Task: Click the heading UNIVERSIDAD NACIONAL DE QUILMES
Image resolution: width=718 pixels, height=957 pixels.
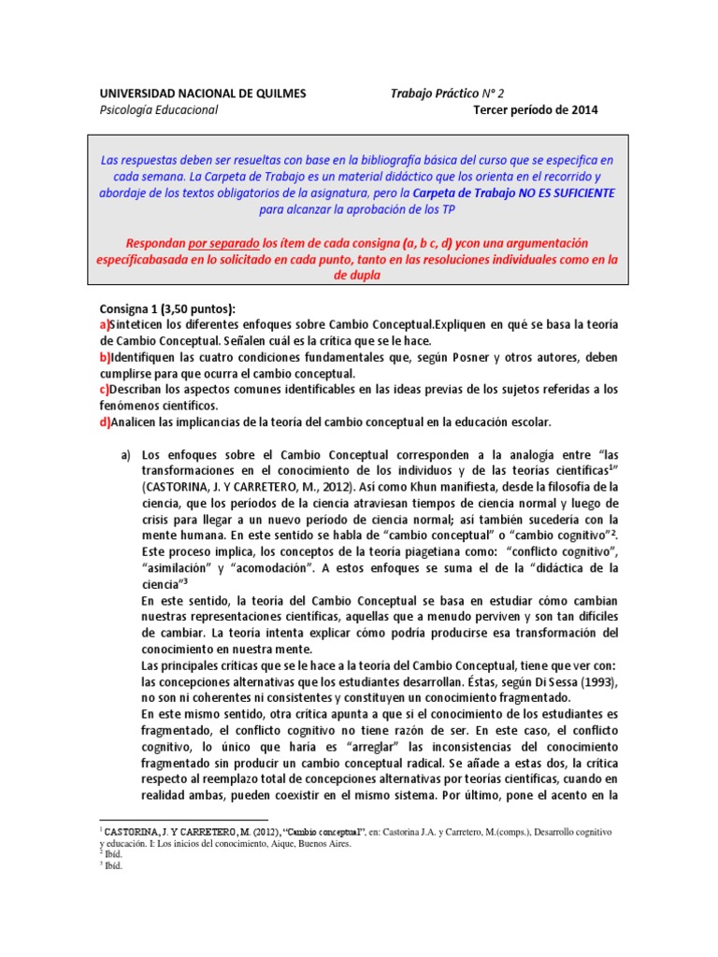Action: (x=203, y=93)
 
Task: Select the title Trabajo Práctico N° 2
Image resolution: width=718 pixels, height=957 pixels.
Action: (x=447, y=93)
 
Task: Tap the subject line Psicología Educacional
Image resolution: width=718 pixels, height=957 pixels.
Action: (x=159, y=110)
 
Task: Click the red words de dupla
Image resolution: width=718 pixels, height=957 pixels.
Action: (x=359, y=276)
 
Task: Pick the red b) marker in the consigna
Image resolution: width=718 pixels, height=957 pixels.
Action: (x=105, y=357)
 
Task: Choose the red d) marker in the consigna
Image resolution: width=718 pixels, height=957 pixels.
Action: (x=105, y=421)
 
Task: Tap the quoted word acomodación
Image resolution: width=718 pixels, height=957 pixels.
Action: (x=275, y=551)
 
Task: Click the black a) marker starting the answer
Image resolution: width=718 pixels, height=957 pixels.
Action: (x=124, y=454)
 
